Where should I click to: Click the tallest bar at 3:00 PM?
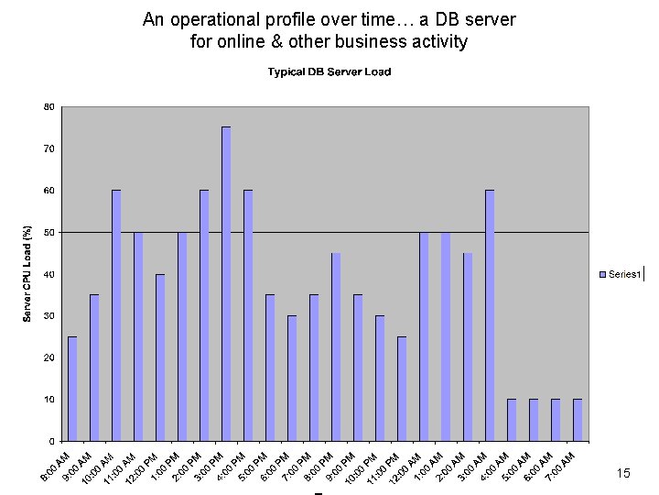pos(226,284)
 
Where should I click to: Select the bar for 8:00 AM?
pos(72,389)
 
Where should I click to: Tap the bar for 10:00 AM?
pos(116,315)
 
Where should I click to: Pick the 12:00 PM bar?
pos(160,357)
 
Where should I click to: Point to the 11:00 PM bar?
pos(402,389)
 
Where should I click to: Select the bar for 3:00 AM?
pos(490,315)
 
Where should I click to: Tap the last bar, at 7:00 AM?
pos(578,420)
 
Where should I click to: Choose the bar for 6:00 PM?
pos(292,379)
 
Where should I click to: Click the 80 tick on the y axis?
pos(49,106)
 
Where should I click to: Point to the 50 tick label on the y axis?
pos(49,232)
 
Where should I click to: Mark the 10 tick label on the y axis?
pos(49,400)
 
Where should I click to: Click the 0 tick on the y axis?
pos(50,442)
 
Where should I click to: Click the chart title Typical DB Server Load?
pos(329,72)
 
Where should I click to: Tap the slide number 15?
pos(623,474)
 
